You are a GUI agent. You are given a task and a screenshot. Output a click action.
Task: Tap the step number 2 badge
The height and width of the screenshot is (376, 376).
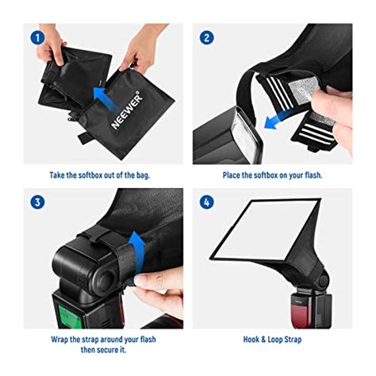coord(206,37)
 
